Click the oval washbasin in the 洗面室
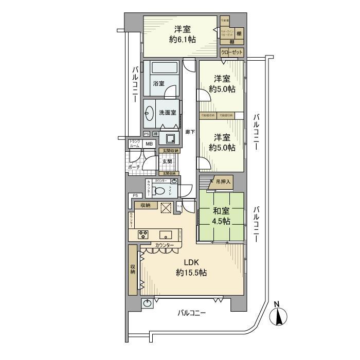pos(150,113)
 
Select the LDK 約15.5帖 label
pos(191,267)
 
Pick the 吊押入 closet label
pos(224,182)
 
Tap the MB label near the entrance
pos(149,144)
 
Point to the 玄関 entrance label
pos(168,161)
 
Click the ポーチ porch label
pos(134,167)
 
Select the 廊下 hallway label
pos(190,132)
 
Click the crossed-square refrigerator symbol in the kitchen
pos(167,207)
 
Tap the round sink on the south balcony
pos(148,303)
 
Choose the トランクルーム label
pos(134,143)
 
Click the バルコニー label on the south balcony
pos(192,313)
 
